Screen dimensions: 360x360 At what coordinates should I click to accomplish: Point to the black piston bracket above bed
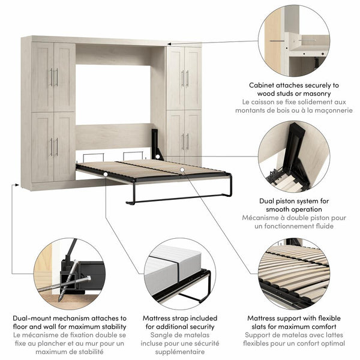(157, 143)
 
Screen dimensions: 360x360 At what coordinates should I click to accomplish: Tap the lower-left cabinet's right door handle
(56, 147)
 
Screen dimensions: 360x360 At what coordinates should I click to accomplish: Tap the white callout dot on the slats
(181, 170)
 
